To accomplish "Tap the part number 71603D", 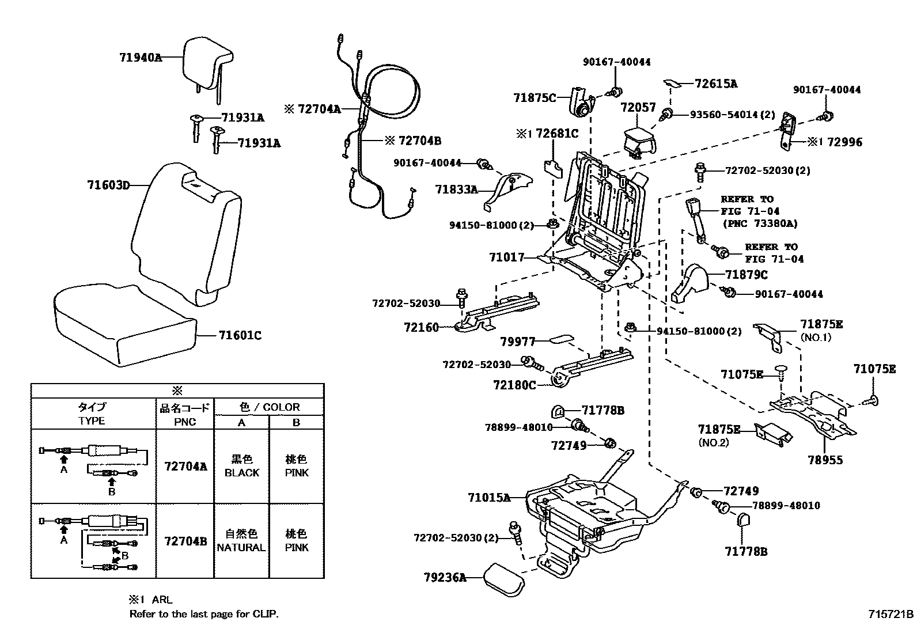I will click(108, 185).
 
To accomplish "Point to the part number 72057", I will click(638, 107).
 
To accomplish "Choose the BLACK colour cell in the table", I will click(242, 466).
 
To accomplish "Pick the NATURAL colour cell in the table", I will click(241, 541).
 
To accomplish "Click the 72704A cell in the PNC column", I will click(185, 466).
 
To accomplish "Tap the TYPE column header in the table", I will click(92, 414).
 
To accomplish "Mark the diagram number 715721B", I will click(891, 614).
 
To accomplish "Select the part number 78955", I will click(825, 460).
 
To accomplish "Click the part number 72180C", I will click(514, 384).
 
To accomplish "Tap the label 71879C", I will click(747, 275).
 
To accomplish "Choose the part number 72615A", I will click(716, 84).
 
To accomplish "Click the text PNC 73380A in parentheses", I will click(760, 223).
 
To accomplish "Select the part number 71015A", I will click(489, 497).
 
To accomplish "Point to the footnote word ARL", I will click(162, 599).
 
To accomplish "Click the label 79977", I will click(518, 342).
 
